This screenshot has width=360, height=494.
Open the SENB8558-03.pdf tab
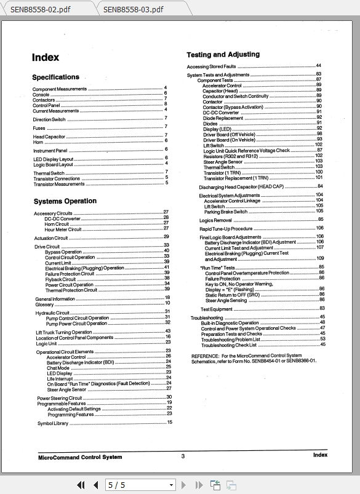point(133,9)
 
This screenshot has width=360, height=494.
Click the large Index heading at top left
point(46,58)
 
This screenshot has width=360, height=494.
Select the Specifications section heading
point(55,78)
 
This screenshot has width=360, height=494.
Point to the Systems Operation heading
point(65,201)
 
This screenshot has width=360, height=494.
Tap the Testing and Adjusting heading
point(223,55)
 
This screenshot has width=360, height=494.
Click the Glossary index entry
point(44,304)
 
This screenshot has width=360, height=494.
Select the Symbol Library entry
point(53,423)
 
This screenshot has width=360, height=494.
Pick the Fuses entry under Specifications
point(39,128)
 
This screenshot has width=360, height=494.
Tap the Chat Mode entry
point(58,368)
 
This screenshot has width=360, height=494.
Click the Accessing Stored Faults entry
point(212,66)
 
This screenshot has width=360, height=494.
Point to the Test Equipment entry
point(216,309)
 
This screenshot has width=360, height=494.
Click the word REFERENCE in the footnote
point(206,356)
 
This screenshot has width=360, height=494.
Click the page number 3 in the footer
point(183,456)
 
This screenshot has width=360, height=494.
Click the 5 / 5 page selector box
point(140,485)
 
